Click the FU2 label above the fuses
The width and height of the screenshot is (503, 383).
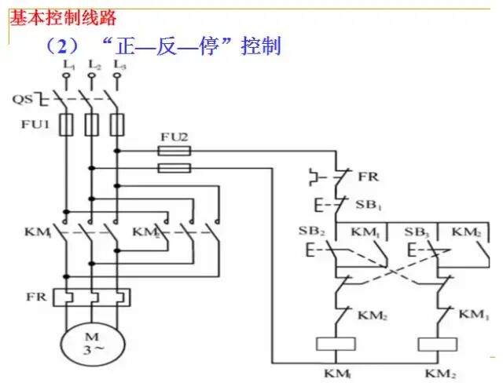174,137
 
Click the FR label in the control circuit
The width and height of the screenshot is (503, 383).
368,177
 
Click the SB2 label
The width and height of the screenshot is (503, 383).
313,232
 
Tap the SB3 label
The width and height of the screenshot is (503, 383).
416,232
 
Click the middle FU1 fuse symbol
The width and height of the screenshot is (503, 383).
91,125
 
